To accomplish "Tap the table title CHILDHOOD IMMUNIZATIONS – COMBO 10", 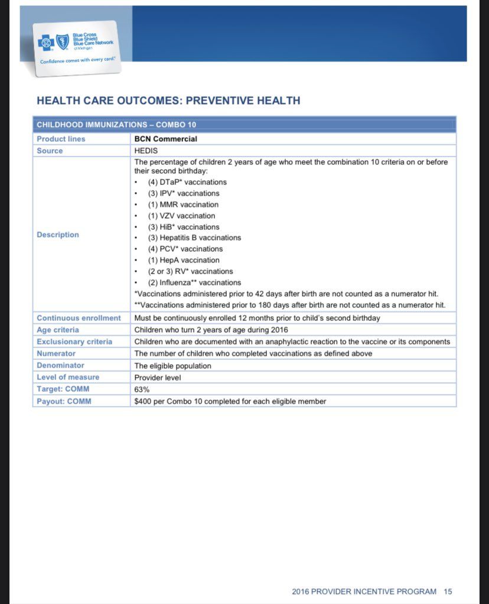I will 116,125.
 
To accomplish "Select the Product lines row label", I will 61,139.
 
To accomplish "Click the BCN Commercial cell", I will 166,139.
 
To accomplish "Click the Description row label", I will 57,235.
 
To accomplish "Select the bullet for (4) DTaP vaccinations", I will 187,182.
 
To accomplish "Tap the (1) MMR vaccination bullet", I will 183,204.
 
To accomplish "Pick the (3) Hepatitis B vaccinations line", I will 194,238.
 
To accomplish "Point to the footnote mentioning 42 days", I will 286,294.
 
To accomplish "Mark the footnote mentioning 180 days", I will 289,305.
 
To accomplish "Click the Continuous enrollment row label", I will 79,318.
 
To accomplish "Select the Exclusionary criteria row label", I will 74,342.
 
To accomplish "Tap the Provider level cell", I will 157,377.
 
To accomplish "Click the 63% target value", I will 142,389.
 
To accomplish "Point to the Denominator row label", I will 60,365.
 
